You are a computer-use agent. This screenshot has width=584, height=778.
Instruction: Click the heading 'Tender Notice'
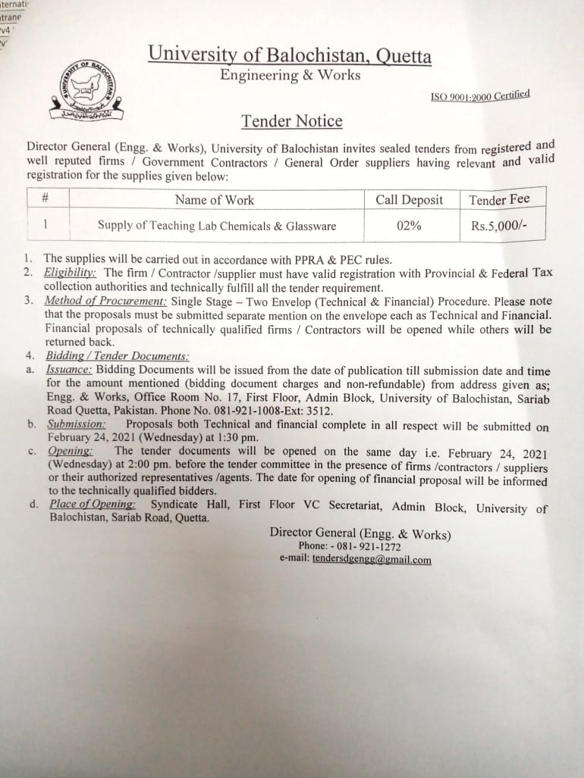pyautogui.click(x=291, y=121)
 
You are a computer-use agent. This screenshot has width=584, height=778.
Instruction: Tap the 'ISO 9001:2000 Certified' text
pyautogui.click(x=479, y=96)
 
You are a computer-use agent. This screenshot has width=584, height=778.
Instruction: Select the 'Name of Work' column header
pyautogui.click(x=215, y=200)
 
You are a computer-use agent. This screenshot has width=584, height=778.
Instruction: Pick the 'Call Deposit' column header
pyautogui.click(x=410, y=200)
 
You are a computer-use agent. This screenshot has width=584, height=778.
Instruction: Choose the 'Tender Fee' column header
pyautogui.click(x=499, y=200)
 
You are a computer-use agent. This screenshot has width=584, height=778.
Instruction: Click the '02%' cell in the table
pyautogui.click(x=409, y=225)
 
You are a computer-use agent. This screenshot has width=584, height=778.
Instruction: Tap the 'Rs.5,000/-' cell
pyautogui.click(x=498, y=224)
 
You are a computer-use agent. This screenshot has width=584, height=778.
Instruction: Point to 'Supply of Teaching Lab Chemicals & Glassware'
pyautogui.click(x=217, y=226)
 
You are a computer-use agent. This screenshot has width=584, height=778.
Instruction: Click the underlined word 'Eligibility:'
pyautogui.click(x=69, y=272)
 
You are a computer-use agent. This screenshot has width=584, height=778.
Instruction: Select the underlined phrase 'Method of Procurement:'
pyautogui.click(x=105, y=301)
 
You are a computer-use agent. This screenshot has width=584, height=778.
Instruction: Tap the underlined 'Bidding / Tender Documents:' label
pyautogui.click(x=117, y=356)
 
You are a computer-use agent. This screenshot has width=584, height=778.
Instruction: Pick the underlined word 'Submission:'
pyautogui.click(x=76, y=425)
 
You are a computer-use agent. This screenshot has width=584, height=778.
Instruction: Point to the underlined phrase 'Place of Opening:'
pyautogui.click(x=93, y=505)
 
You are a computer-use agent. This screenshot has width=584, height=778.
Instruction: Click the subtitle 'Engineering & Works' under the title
pyautogui.click(x=290, y=75)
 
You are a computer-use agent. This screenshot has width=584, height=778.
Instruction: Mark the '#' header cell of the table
pyautogui.click(x=46, y=199)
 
